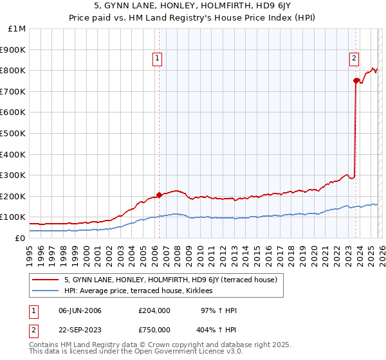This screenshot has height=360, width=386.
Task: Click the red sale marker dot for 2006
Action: click(159, 195)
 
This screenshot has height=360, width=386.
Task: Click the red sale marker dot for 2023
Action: click(355, 80)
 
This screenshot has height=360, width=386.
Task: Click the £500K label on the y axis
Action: click(13, 133)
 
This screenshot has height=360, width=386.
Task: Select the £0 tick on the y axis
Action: click(21, 238)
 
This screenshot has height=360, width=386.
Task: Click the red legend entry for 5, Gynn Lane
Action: click(170, 280)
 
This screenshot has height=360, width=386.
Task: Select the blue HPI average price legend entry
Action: click(143, 291)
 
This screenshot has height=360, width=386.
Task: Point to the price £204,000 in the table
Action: click(154, 310)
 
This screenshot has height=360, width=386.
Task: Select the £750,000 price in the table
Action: click(154, 330)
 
